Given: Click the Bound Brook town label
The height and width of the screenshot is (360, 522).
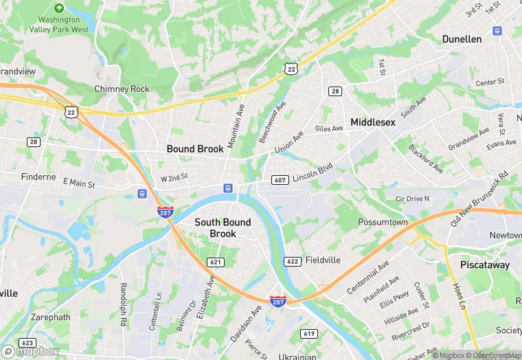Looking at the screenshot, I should tap(195, 148).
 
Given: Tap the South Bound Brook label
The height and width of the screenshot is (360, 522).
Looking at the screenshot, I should tap(223, 227).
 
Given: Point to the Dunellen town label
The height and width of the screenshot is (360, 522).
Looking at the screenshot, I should tap(462, 39).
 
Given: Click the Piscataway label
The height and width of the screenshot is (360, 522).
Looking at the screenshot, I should tap(485, 265).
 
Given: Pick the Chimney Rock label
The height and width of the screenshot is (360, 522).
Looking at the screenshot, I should tap(122, 89).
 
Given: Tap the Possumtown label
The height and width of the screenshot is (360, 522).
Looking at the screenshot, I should tap(383, 223).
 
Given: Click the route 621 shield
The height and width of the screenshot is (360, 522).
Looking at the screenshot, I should tap(216, 262).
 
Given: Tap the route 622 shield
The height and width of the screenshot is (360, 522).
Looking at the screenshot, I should tap(292, 261).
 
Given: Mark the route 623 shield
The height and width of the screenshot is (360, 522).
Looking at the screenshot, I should tap(28, 343).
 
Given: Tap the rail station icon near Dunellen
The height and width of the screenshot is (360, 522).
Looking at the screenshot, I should tap(497, 31).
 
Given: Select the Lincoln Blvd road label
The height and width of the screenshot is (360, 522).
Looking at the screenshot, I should tap(312, 172).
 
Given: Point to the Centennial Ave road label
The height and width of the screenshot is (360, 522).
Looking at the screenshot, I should tap(368, 277).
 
